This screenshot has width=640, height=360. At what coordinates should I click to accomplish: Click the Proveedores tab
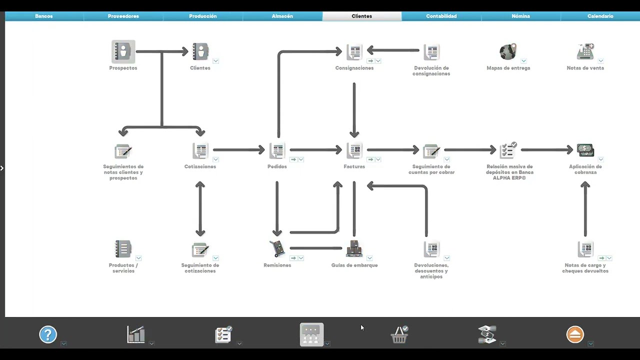point(123,16)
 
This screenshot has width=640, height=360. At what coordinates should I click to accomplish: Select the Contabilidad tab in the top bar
point(441,16)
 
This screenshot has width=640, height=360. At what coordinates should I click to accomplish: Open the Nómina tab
point(521,16)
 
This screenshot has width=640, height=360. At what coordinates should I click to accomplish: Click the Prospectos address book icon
point(123,51)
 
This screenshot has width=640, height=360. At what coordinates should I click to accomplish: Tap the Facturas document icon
point(354,150)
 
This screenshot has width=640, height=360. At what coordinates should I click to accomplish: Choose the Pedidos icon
point(277,150)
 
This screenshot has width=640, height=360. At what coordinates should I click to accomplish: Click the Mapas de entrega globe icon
point(508,51)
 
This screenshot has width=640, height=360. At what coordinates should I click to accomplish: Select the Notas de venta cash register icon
point(585,51)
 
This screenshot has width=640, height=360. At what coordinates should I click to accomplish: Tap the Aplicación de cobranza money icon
point(585,150)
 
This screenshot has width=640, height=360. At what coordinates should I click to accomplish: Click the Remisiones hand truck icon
point(277,248)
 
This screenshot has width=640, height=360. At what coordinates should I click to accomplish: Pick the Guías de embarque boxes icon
point(354,248)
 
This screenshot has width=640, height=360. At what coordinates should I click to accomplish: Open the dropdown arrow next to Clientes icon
point(215,61)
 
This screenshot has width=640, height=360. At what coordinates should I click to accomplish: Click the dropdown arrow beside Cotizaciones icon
point(215,159)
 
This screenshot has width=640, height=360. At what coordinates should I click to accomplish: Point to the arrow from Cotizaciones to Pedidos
point(239,149)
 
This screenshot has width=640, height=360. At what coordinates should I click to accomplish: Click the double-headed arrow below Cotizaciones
point(200,209)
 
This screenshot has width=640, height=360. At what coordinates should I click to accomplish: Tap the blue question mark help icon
point(47,334)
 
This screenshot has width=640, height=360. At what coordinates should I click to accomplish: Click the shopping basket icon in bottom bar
point(399,334)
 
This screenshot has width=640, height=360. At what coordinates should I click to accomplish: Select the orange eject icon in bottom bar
point(575,334)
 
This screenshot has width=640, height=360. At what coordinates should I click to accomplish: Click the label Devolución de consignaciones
point(431,71)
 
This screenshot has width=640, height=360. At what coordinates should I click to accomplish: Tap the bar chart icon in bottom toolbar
point(135,334)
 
